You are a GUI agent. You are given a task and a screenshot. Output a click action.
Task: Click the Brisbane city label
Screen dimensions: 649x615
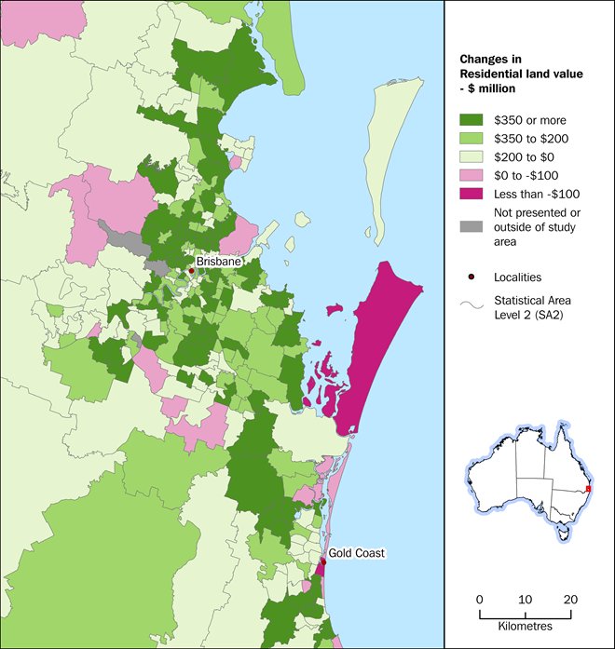pyautogui.click(x=218, y=262)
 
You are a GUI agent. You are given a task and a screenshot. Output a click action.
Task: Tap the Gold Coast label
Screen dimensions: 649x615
pyautogui.click(x=356, y=552)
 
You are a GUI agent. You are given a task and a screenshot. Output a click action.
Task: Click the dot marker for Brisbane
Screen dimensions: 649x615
pyautogui.click(x=191, y=271)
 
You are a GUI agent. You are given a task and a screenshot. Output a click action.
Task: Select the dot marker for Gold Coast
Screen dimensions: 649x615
pyautogui.click(x=323, y=561)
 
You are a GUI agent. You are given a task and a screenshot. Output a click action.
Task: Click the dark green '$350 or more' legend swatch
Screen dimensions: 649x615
pyautogui.click(x=472, y=120)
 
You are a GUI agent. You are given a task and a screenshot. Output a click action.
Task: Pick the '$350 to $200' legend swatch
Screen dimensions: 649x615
pyautogui.click(x=472, y=140)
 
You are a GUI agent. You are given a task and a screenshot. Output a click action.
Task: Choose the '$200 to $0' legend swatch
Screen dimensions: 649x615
pyautogui.click(x=472, y=159)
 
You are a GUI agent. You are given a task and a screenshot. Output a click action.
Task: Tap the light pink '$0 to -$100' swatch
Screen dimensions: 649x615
pyautogui.click(x=472, y=179)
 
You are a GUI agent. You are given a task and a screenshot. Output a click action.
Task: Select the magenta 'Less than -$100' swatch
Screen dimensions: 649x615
pyautogui.click(x=472, y=198)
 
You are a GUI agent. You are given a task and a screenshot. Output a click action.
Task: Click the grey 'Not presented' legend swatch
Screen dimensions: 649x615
pyautogui.click(x=472, y=224)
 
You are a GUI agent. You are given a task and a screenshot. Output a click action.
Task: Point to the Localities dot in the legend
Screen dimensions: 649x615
pyautogui.click(x=472, y=277)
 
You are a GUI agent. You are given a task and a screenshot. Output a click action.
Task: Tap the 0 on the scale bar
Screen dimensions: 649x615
pyautogui.click(x=479, y=600)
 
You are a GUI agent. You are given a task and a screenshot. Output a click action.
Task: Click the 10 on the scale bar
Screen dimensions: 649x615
pyautogui.click(x=525, y=600)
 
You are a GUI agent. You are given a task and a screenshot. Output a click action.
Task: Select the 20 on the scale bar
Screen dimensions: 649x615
pyautogui.click(x=571, y=600)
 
